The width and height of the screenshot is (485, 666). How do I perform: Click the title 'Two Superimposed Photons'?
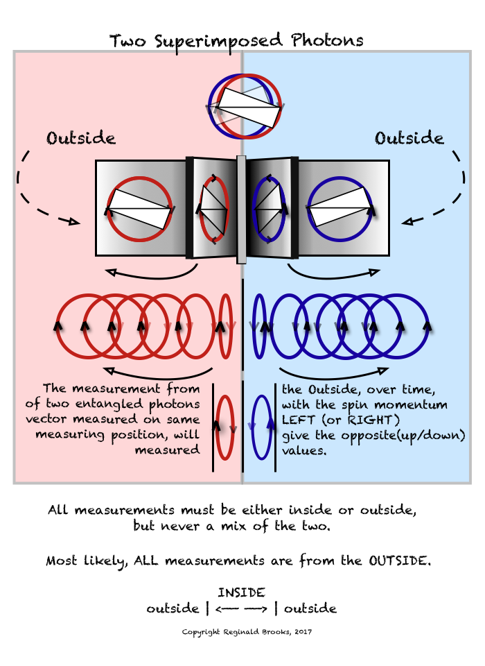point(236,40)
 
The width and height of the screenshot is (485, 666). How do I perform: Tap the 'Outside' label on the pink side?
point(80,138)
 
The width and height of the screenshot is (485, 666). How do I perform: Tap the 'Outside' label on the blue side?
point(409,138)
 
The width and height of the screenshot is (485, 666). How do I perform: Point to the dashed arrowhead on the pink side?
point(71,222)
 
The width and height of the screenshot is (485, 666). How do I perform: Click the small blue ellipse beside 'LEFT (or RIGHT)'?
point(261,427)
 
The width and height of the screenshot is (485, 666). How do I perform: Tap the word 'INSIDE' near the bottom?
point(241,592)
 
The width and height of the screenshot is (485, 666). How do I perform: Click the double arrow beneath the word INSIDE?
point(241,609)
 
